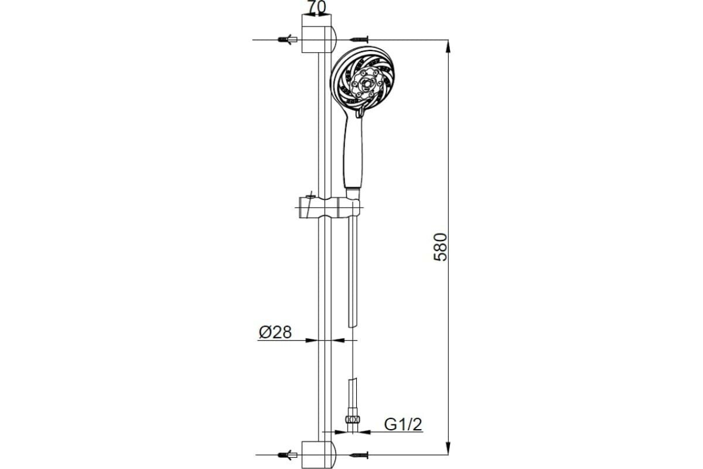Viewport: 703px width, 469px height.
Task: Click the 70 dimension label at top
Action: [x=317, y=8]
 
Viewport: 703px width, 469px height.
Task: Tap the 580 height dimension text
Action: [x=441, y=246]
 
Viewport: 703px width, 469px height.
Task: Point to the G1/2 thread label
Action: [x=403, y=424]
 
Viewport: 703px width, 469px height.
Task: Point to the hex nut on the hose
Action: [x=351, y=419]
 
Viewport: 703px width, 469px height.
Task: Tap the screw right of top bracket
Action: [x=358, y=39]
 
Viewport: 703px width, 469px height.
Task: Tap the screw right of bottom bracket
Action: [x=358, y=454]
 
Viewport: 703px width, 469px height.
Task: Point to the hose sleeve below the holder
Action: [x=351, y=270]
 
